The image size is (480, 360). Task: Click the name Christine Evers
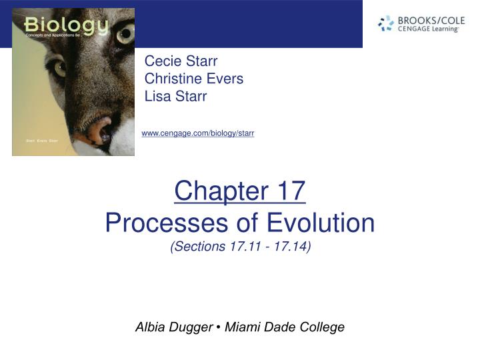(193, 79)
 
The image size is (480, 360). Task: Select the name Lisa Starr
(175, 96)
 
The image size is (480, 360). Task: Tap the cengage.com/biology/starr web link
(198, 134)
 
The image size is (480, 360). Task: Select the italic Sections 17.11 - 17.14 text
(240, 247)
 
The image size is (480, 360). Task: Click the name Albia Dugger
(173, 327)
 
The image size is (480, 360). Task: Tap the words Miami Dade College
(285, 327)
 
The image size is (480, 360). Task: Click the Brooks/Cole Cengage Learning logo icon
(386, 24)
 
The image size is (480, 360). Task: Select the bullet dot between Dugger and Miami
(219, 327)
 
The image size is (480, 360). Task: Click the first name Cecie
(161, 62)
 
